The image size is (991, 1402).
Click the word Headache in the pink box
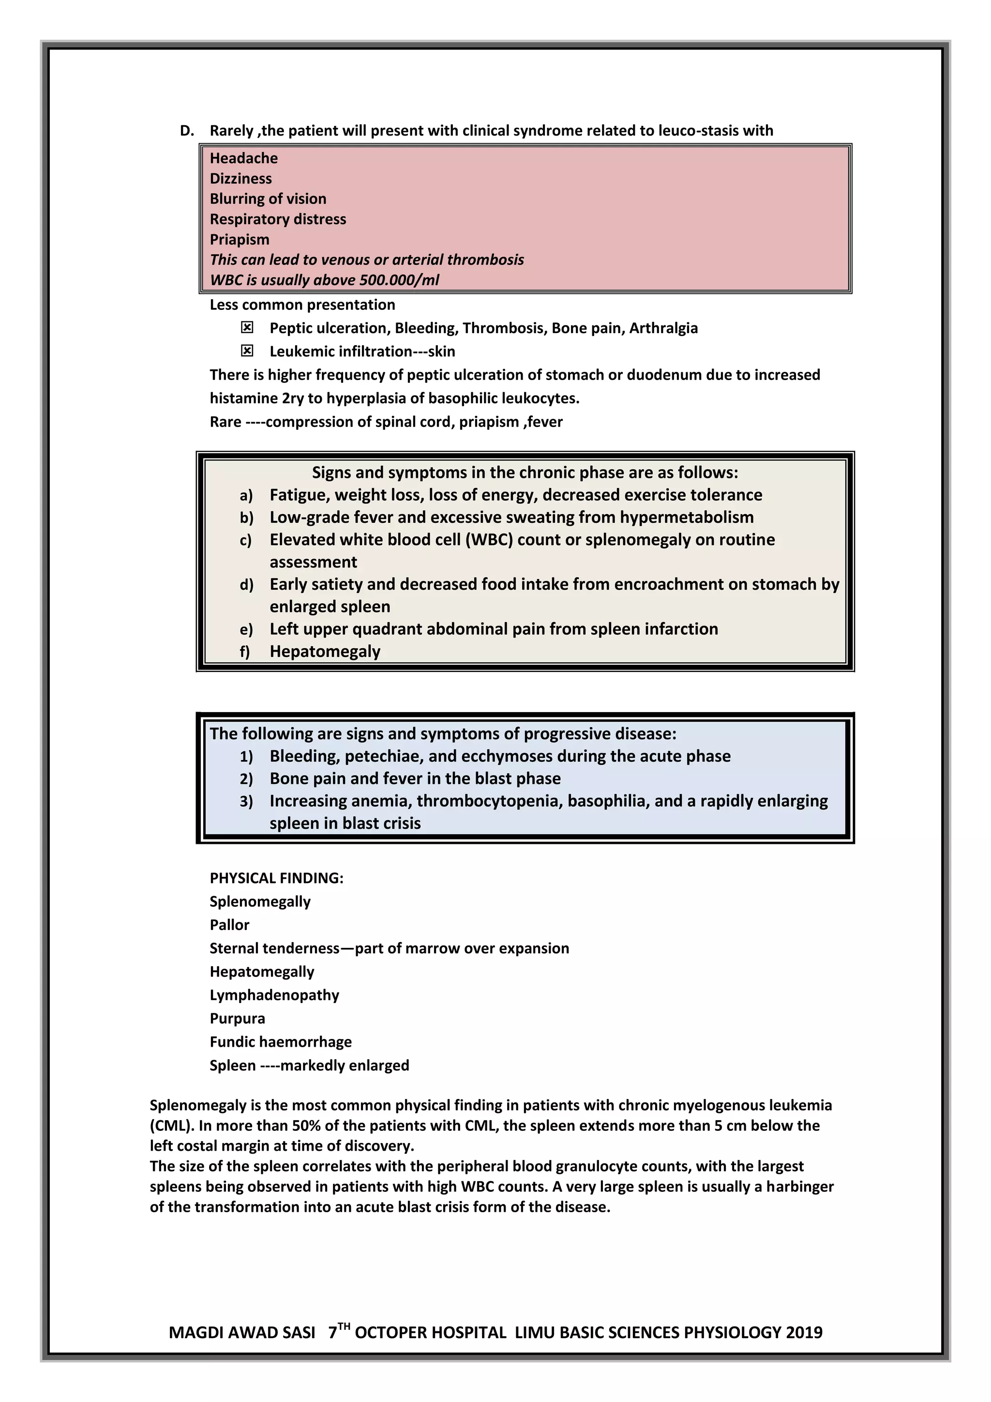tap(243, 158)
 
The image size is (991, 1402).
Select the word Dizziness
tap(240, 178)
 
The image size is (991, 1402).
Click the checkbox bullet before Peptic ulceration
tap(246, 328)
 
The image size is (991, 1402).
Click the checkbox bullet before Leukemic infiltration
tap(246, 351)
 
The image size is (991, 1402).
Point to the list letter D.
tap(187, 131)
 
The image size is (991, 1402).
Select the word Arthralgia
tap(663, 328)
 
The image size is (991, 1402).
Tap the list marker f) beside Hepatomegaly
tap(245, 652)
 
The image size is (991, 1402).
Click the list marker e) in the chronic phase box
tap(245, 629)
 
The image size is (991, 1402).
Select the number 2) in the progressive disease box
tap(246, 779)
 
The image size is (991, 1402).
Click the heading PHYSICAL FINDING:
tap(276, 878)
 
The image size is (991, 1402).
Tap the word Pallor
tap(229, 925)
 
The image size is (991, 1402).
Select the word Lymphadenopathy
tap(274, 995)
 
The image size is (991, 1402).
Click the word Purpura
tap(238, 1019)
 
